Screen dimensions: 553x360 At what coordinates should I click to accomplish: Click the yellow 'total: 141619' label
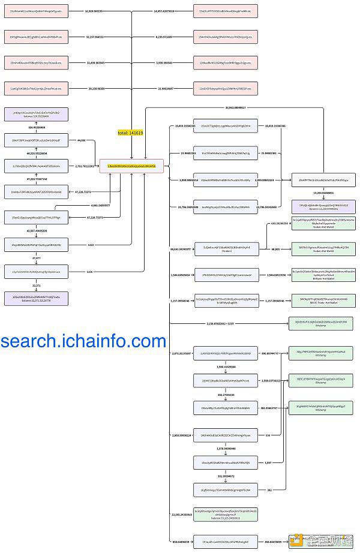point(130,133)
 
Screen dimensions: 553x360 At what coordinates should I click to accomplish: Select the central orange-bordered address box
point(131,166)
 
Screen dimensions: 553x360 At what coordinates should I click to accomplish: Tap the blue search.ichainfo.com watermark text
point(83,341)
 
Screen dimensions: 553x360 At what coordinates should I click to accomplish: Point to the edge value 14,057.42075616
point(164,11)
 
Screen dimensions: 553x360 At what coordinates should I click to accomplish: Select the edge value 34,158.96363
point(97,88)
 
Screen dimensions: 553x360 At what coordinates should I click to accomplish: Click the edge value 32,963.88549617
point(236,108)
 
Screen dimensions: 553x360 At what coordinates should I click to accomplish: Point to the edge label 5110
point(91,245)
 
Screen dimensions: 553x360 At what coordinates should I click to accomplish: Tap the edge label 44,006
point(82,140)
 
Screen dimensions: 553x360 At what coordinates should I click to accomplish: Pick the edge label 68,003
point(275,248)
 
